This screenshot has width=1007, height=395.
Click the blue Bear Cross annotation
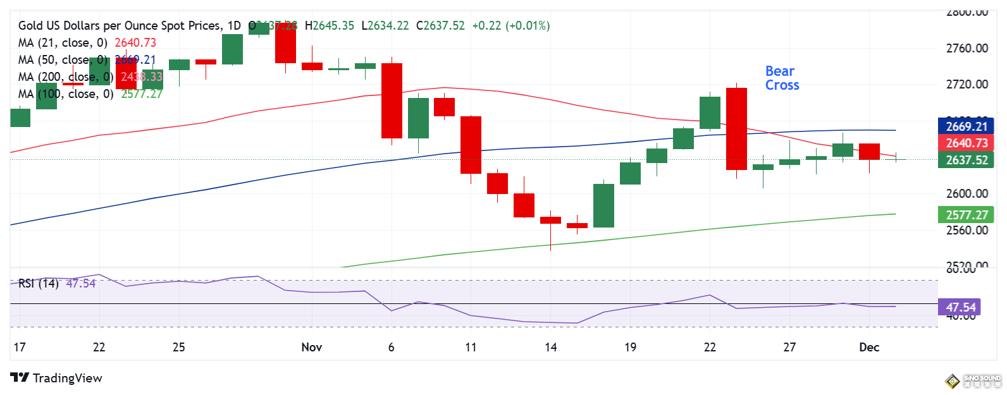pos(782,78)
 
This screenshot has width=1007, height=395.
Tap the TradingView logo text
pos(67,378)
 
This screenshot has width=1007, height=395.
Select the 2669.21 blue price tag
pos(966,126)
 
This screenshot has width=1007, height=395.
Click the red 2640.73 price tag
pos(966,143)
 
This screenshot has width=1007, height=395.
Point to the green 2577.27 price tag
pos(966,215)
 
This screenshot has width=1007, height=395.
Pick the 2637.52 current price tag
pos(966,160)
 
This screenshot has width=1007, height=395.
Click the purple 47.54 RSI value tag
pos(960,307)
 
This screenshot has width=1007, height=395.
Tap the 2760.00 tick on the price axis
pos(967,48)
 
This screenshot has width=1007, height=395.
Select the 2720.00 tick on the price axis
pos(967,84)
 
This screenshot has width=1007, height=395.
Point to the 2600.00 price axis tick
pos(967,193)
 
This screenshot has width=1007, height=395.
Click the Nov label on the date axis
pos(312,347)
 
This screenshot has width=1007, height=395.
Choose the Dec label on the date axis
pos(869,347)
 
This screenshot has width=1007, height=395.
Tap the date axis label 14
pos(550,347)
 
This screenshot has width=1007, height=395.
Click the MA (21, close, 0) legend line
pos(87,42)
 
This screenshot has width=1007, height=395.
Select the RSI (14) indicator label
pos(39,283)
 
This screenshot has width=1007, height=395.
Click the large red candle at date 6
pos(392,100)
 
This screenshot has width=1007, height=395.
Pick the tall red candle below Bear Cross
pos(736,129)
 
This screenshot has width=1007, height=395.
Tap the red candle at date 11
pos(471,145)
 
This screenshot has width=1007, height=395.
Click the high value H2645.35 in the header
pos(330,26)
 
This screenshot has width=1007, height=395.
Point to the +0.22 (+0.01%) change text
pos(510,26)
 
